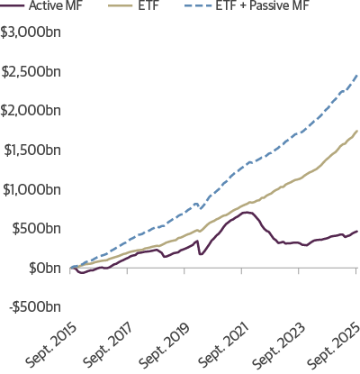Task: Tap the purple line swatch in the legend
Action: [13, 6]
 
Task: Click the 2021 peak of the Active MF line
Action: [245, 212]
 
